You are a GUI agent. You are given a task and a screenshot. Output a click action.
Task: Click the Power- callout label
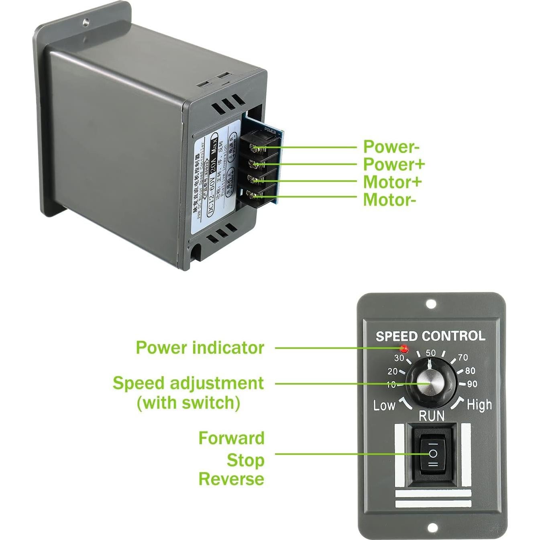click(x=391, y=147)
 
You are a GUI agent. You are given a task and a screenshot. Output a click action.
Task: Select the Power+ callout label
click(x=394, y=164)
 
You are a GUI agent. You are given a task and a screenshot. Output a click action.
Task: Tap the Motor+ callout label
click(x=392, y=182)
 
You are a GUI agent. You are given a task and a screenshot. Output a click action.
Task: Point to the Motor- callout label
click(x=389, y=200)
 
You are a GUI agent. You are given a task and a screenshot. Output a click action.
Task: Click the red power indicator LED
click(x=404, y=348)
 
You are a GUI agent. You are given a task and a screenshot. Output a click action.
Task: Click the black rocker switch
click(x=433, y=454)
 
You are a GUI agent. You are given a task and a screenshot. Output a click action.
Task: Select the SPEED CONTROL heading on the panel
click(x=430, y=336)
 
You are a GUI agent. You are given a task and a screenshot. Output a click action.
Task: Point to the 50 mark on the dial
click(x=431, y=353)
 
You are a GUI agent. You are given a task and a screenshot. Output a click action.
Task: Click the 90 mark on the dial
click(x=472, y=384)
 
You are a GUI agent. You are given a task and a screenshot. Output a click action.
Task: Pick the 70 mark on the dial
click(x=463, y=357)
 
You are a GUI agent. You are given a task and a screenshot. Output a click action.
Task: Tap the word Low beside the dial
click(x=384, y=405)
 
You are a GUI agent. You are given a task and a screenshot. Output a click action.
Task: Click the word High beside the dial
click(x=479, y=405)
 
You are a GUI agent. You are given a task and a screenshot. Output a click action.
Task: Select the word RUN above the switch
click(x=432, y=416)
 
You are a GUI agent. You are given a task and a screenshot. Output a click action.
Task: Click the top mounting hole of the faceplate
click(x=431, y=304)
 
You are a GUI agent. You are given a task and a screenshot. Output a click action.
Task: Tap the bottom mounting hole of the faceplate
click(x=432, y=527)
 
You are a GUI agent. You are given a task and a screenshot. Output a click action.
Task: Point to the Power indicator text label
click(x=200, y=348)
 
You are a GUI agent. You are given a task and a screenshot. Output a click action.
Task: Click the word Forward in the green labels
click(x=232, y=438)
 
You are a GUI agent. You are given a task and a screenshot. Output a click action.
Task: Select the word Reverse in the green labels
click(x=231, y=479)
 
